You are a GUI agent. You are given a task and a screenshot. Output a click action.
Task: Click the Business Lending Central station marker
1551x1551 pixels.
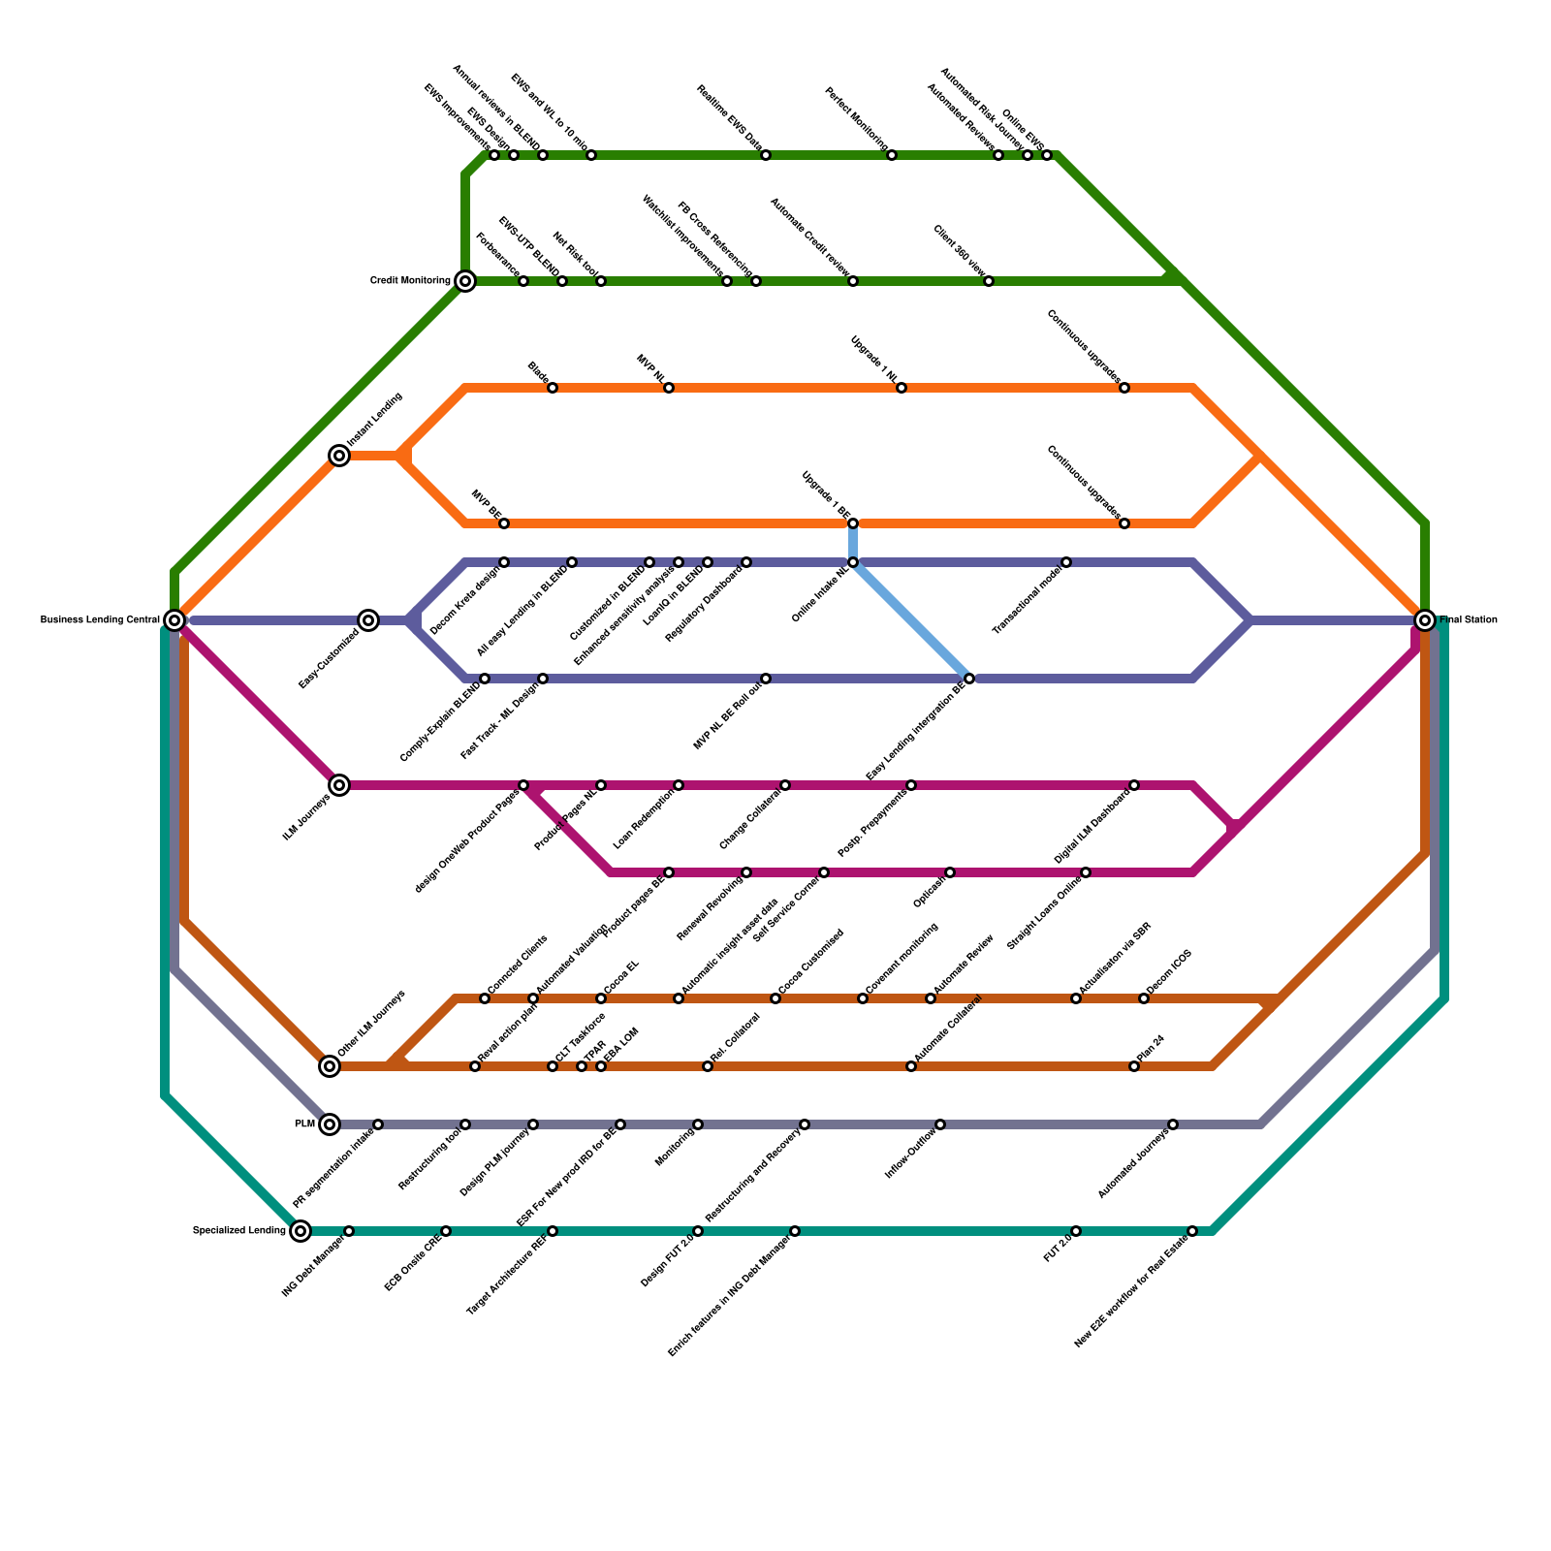click(x=174, y=619)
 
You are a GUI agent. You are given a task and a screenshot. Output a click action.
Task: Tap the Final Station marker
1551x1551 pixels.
click(x=1424, y=619)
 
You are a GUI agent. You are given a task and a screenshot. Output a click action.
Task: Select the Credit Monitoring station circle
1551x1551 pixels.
click(x=465, y=281)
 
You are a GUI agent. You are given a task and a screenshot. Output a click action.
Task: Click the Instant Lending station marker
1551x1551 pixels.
click(x=339, y=456)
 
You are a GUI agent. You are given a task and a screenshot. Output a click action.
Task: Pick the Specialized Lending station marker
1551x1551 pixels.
click(x=301, y=1231)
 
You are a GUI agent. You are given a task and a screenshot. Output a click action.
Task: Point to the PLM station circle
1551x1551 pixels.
click(x=330, y=1124)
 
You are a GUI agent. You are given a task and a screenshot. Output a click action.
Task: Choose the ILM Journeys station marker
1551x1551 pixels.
click(x=339, y=785)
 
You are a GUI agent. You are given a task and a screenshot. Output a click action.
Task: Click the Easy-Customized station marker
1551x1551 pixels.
click(x=368, y=620)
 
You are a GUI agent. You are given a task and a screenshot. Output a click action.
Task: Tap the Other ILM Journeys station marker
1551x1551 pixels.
click(x=330, y=1066)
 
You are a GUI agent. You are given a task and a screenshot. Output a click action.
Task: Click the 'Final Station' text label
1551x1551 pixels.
click(x=1469, y=620)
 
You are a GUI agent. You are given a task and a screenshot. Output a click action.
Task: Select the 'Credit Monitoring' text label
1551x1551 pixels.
click(x=410, y=281)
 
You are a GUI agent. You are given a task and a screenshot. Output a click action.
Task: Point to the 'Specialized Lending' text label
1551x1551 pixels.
click(x=238, y=1231)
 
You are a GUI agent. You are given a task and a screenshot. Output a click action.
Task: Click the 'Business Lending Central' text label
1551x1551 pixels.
click(x=100, y=620)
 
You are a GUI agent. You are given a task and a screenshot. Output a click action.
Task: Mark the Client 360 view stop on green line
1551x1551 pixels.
click(x=989, y=281)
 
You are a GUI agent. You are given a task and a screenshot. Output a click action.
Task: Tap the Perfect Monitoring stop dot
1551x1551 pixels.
click(x=892, y=155)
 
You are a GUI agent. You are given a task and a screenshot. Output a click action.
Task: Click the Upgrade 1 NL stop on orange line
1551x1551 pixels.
click(x=902, y=388)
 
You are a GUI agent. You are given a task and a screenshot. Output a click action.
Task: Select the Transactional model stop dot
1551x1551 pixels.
click(x=1066, y=562)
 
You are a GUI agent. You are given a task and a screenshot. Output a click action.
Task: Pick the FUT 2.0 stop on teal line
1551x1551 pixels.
click(x=1076, y=1231)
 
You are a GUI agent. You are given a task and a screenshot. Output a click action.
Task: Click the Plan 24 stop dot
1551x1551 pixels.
click(x=1134, y=1066)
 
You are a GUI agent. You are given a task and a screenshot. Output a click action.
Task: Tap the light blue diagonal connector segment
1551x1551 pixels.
click(x=911, y=620)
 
